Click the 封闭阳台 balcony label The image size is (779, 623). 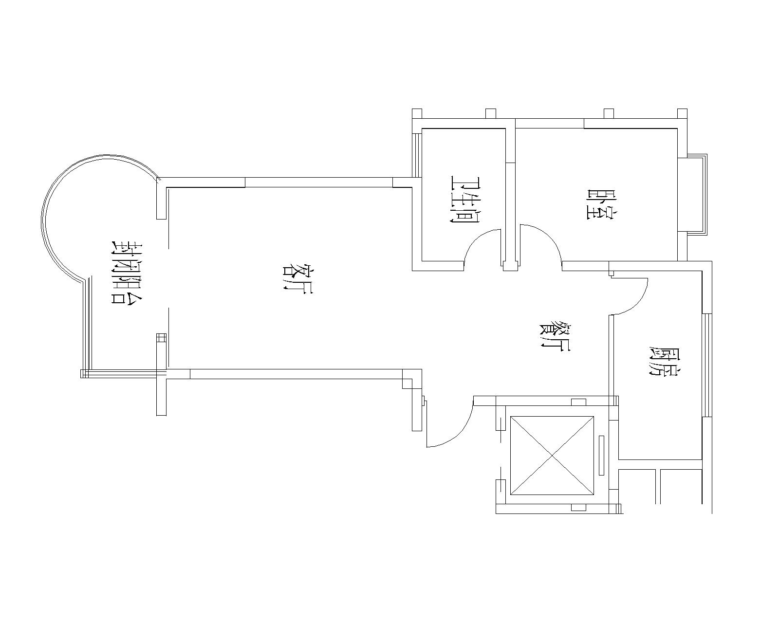click(127, 272)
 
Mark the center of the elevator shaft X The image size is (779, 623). click(552, 456)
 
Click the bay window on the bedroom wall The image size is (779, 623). click(697, 195)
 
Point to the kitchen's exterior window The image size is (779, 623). click(707, 365)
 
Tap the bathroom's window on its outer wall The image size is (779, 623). click(417, 155)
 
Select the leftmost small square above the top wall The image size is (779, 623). click(417, 113)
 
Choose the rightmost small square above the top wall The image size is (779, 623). click(682, 113)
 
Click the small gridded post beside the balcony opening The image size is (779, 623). click(161, 338)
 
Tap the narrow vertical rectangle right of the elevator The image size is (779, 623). click(602, 456)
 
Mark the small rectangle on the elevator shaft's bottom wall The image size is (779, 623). click(578, 508)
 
